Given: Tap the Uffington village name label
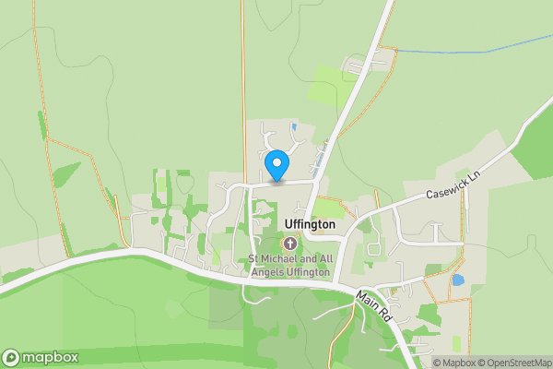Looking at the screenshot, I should (297, 224).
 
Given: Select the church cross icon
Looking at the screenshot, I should (290, 244).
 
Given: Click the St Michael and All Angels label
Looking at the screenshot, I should (290, 264).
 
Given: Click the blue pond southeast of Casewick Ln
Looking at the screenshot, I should (458, 280).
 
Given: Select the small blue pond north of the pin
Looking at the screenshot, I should (293, 126).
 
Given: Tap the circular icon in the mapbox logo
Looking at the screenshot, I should (11, 357).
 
